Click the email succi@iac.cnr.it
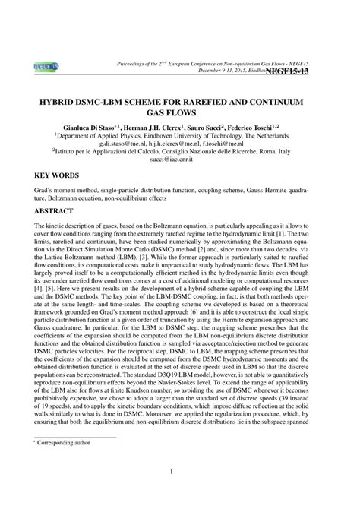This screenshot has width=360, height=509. [180, 171]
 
